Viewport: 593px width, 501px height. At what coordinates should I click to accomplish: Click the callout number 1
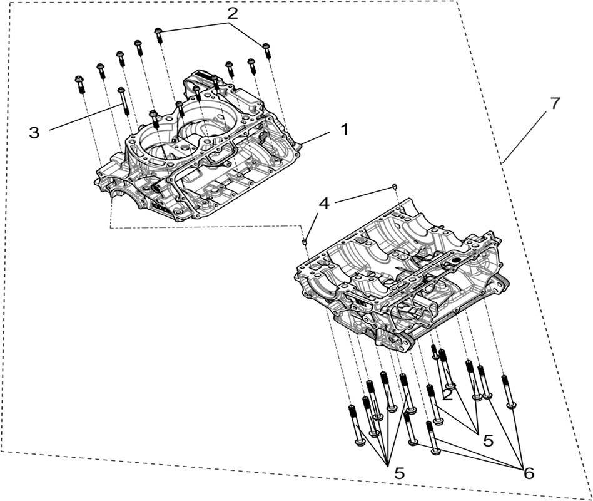(x=344, y=130)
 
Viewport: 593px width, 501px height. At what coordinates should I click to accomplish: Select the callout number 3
(x=34, y=133)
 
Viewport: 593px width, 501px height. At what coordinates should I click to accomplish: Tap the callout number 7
(x=554, y=103)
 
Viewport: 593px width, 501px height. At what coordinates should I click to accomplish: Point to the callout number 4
(x=324, y=204)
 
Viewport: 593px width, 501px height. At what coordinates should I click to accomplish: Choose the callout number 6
(x=529, y=473)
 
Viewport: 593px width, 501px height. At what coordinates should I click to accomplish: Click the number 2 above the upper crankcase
(x=233, y=14)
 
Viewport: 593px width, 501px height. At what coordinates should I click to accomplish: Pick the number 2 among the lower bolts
(x=448, y=395)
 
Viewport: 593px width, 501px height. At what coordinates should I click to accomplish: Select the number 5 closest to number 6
(x=489, y=440)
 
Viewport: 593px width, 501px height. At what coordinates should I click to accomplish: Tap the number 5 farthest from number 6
(x=399, y=473)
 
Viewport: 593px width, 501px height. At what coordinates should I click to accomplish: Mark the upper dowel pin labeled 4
(x=394, y=187)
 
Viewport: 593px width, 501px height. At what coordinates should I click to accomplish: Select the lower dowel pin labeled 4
(x=304, y=241)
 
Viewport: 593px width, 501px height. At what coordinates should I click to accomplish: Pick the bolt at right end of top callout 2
(x=266, y=51)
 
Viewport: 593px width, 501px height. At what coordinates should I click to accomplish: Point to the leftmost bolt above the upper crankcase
(x=80, y=84)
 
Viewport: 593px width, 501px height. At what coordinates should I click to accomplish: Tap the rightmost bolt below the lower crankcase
(x=509, y=391)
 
